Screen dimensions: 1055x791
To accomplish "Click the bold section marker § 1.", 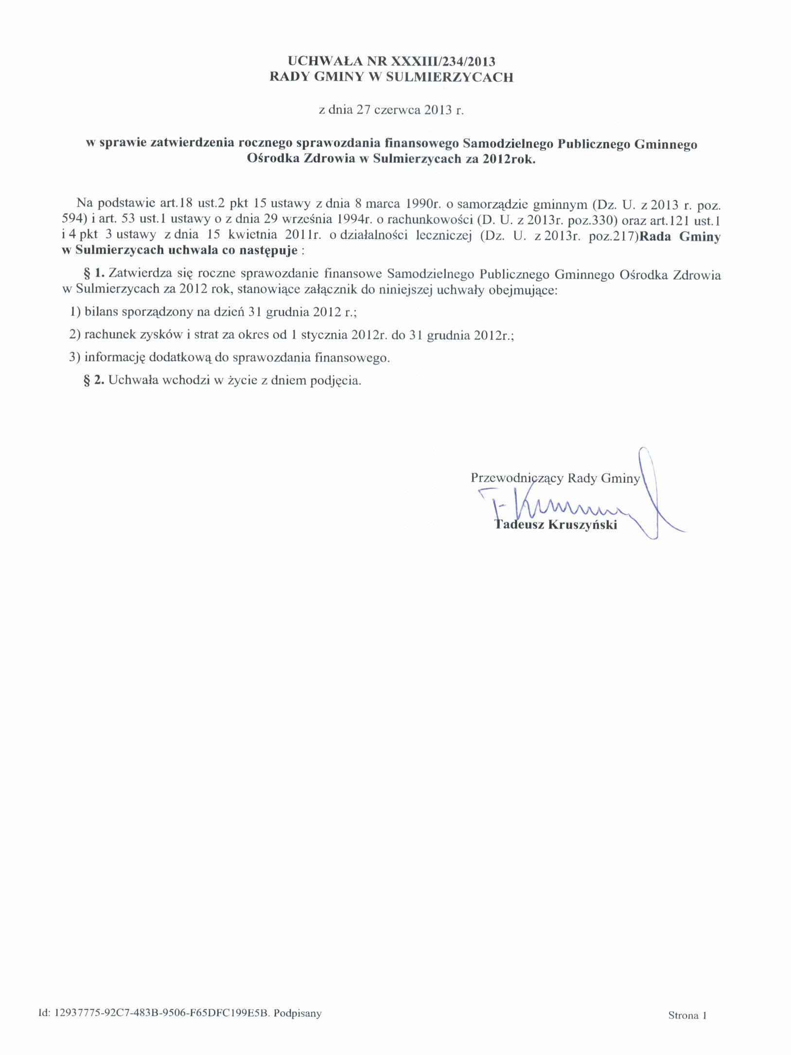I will click(94, 275).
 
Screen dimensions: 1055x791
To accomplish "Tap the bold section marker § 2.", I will click(94, 380).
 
